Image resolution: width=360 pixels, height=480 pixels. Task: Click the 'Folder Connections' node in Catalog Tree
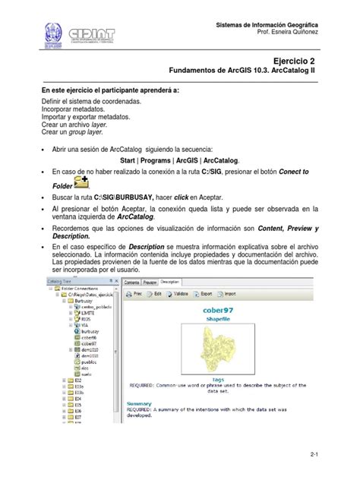point(78,289)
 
